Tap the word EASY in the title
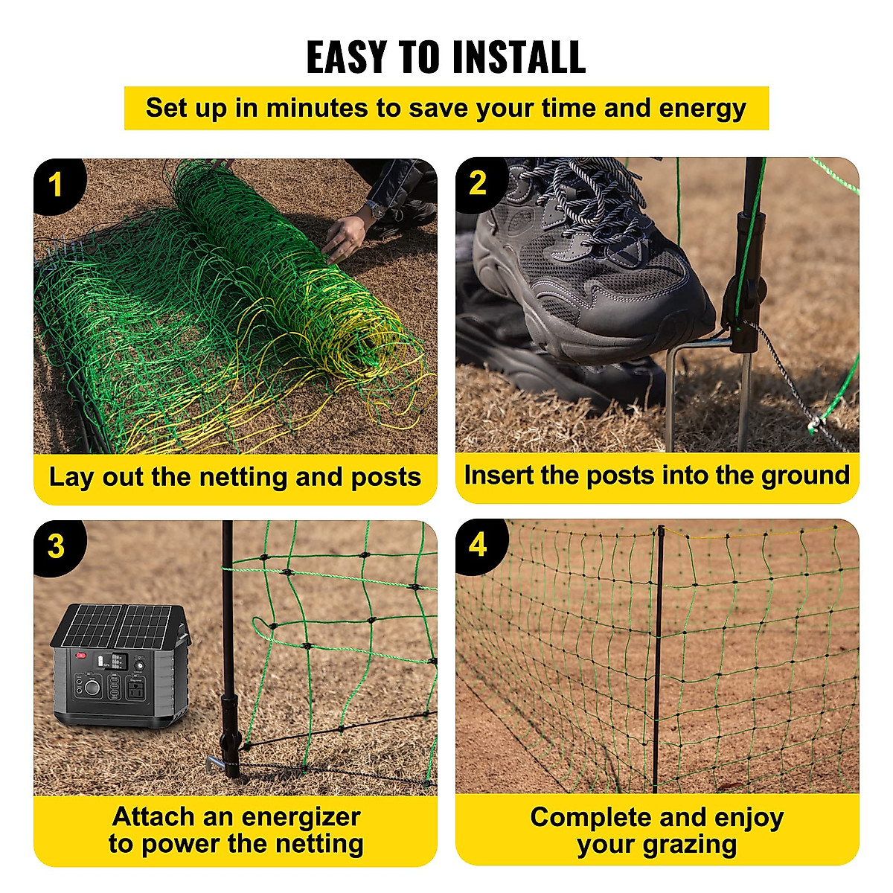pos(348,57)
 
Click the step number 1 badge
pos(56,185)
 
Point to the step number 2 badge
pos(478,183)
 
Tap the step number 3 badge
pos(56,547)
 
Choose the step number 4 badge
pos(478,545)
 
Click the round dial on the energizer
pos(92,688)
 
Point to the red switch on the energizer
pos(80,656)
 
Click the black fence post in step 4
pos(658,655)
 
